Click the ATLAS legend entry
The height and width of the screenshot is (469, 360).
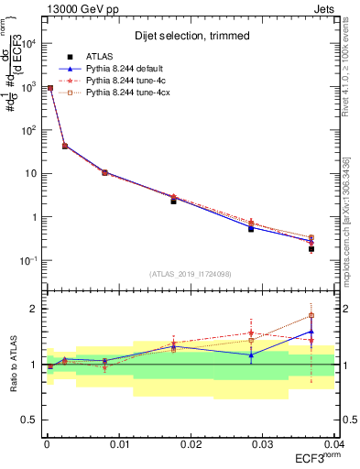pyautogui.click(x=100, y=56)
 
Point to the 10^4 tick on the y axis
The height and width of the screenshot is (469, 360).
pyautogui.click(x=28, y=42)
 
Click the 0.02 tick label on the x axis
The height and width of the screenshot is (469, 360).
pyautogui.click(x=191, y=443)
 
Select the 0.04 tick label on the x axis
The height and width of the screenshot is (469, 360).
pyautogui.click(x=333, y=443)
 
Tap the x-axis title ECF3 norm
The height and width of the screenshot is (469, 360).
pyautogui.click(x=317, y=457)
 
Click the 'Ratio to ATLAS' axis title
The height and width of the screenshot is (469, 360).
pyautogui.click(x=12, y=364)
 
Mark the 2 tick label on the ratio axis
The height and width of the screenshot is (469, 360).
pyautogui.click(x=33, y=309)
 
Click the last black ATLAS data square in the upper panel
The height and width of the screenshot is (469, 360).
pyautogui.click(x=311, y=248)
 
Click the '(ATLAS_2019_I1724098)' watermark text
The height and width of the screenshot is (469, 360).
pyautogui.click(x=190, y=274)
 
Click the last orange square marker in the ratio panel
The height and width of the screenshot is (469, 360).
pyautogui.click(x=311, y=316)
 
